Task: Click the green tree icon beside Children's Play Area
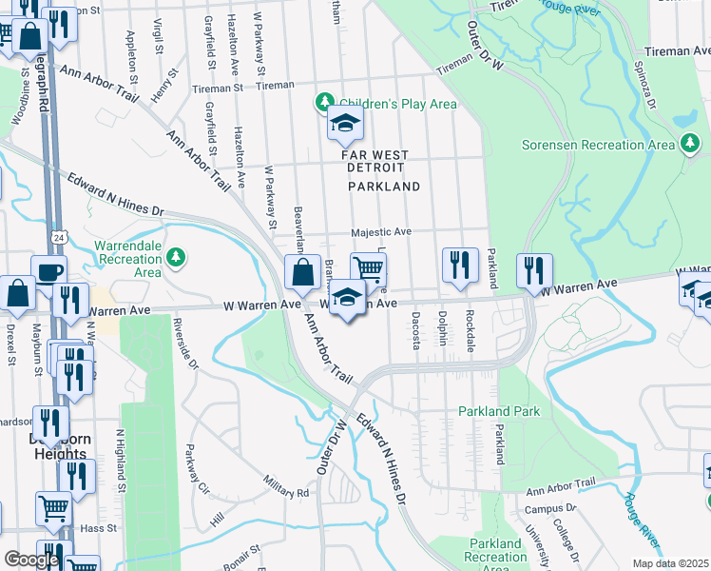(x=325, y=103)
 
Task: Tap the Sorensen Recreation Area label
(x=598, y=145)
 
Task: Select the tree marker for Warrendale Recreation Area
(x=176, y=256)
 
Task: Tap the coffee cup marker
(x=49, y=272)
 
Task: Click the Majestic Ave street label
(x=380, y=231)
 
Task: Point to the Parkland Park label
(x=499, y=412)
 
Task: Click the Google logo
(x=31, y=560)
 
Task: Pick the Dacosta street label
(x=415, y=330)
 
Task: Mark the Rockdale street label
(x=470, y=330)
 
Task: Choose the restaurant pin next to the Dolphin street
(x=460, y=266)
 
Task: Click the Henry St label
(x=164, y=86)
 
